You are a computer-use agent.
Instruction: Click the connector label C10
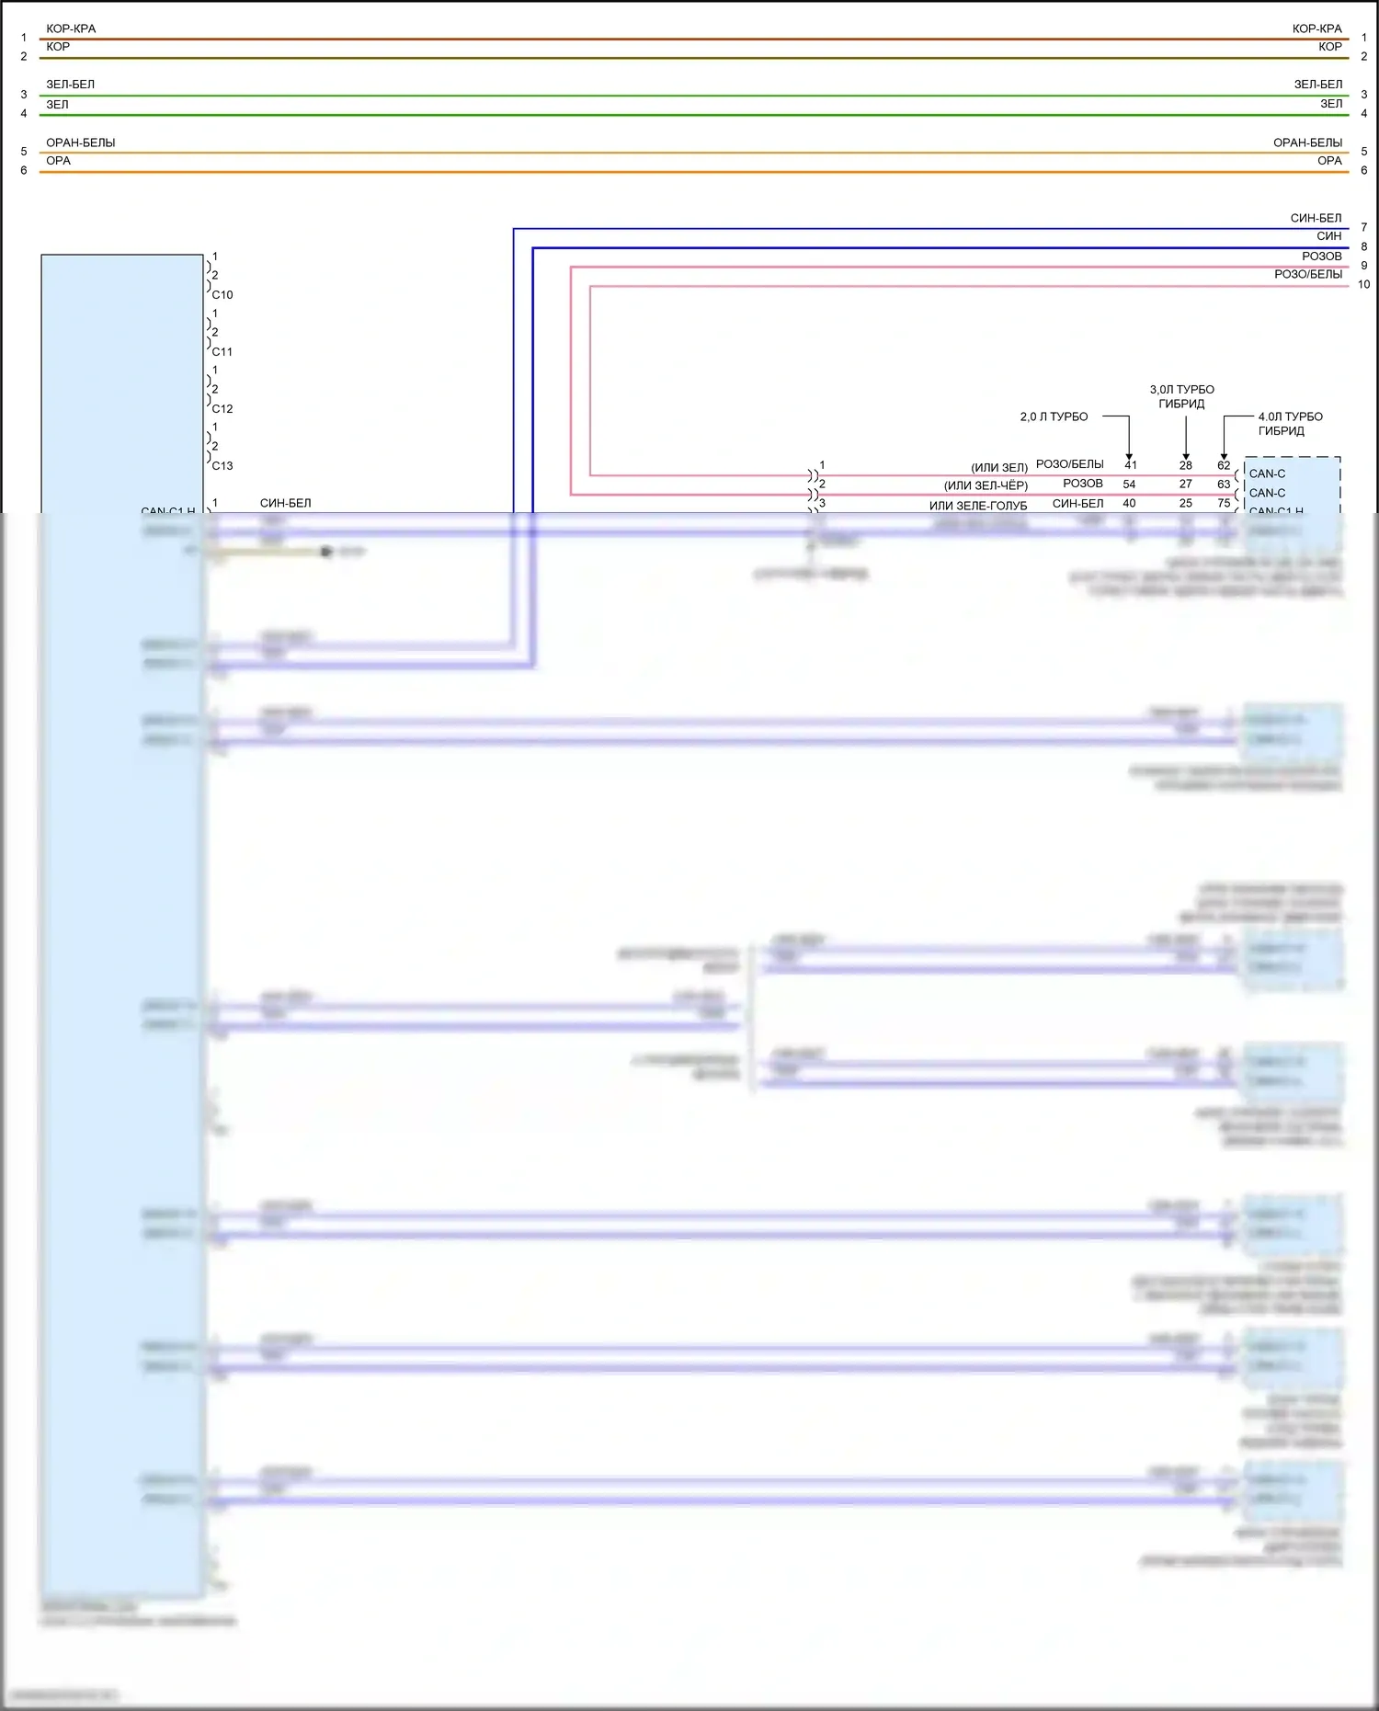tap(222, 295)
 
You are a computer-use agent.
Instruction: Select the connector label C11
tap(222, 352)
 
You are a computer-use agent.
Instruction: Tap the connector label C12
tap(222, 409)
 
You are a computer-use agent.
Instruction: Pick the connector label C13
tap(222, 466)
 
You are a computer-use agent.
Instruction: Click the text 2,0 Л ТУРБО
tap(1054, 417)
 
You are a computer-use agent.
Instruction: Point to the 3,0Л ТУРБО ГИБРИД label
tap(1181, 397)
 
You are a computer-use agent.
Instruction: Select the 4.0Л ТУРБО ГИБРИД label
tap(1290, 424)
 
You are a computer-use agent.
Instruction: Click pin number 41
tap(1131, 465)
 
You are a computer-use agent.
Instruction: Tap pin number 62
tap(1224, 465)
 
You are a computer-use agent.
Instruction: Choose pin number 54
tap(1129, 485)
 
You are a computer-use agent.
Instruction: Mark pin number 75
tap(1224, 504)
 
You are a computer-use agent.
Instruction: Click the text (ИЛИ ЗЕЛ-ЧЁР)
tap(986, 485)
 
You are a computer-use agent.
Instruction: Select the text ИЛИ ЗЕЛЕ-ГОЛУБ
tap(978, 506)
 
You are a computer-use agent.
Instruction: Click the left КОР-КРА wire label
tap(71, 29)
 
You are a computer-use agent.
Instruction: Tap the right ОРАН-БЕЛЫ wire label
tap(1307, 143)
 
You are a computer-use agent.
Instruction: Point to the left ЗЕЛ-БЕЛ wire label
tap(70, 85)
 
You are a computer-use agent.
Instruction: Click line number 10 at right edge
tap(1363, 285)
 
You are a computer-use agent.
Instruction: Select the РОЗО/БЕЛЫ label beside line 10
tap(1307, 275)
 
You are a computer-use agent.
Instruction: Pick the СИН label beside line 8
tap(1328, 237)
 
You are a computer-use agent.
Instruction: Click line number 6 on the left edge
tap(24, 171)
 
